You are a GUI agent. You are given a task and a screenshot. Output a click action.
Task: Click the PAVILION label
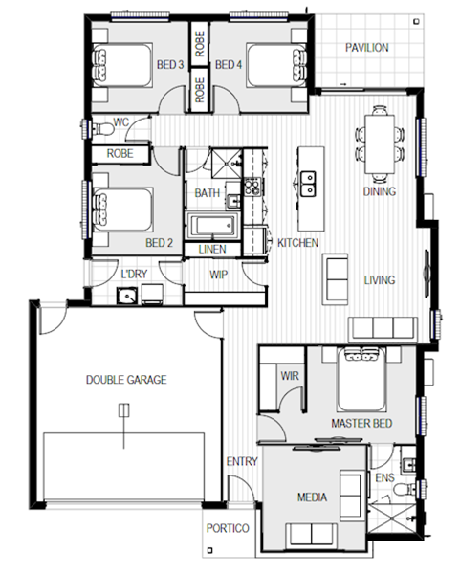tap(366, 48)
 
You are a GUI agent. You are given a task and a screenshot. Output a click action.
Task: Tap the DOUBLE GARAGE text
tap(126, 380)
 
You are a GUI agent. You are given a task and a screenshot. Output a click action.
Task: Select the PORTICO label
tap(228, 528)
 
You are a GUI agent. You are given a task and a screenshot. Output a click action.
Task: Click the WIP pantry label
tap(218, 275)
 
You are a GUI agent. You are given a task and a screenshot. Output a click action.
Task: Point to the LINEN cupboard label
tap(212, 250)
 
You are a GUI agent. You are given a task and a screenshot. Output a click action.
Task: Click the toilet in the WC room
tap(102, 129)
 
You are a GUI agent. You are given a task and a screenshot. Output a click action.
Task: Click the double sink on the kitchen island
tap(308, 183)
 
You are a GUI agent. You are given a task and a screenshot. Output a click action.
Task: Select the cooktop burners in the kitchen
tap(252, 187)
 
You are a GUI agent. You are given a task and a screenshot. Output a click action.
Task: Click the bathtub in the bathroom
tap(211, 226)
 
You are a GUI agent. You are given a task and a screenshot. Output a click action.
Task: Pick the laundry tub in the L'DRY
tap(127, 296)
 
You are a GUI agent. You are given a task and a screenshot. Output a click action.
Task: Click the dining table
tap(380, 144)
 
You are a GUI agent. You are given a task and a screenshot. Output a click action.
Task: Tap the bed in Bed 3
tap(121, 65)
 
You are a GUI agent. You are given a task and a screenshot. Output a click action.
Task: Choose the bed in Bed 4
tap(276, 65)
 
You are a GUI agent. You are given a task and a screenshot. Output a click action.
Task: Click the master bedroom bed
tap(361, 379)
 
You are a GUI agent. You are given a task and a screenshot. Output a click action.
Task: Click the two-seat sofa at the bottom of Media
tap(312, 535)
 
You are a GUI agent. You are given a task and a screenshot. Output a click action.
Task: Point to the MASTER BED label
tap(361, 424)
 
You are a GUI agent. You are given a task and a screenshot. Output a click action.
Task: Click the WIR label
tap(290, 376)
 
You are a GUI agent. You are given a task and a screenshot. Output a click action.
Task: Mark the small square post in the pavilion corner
tap(416, 22)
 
